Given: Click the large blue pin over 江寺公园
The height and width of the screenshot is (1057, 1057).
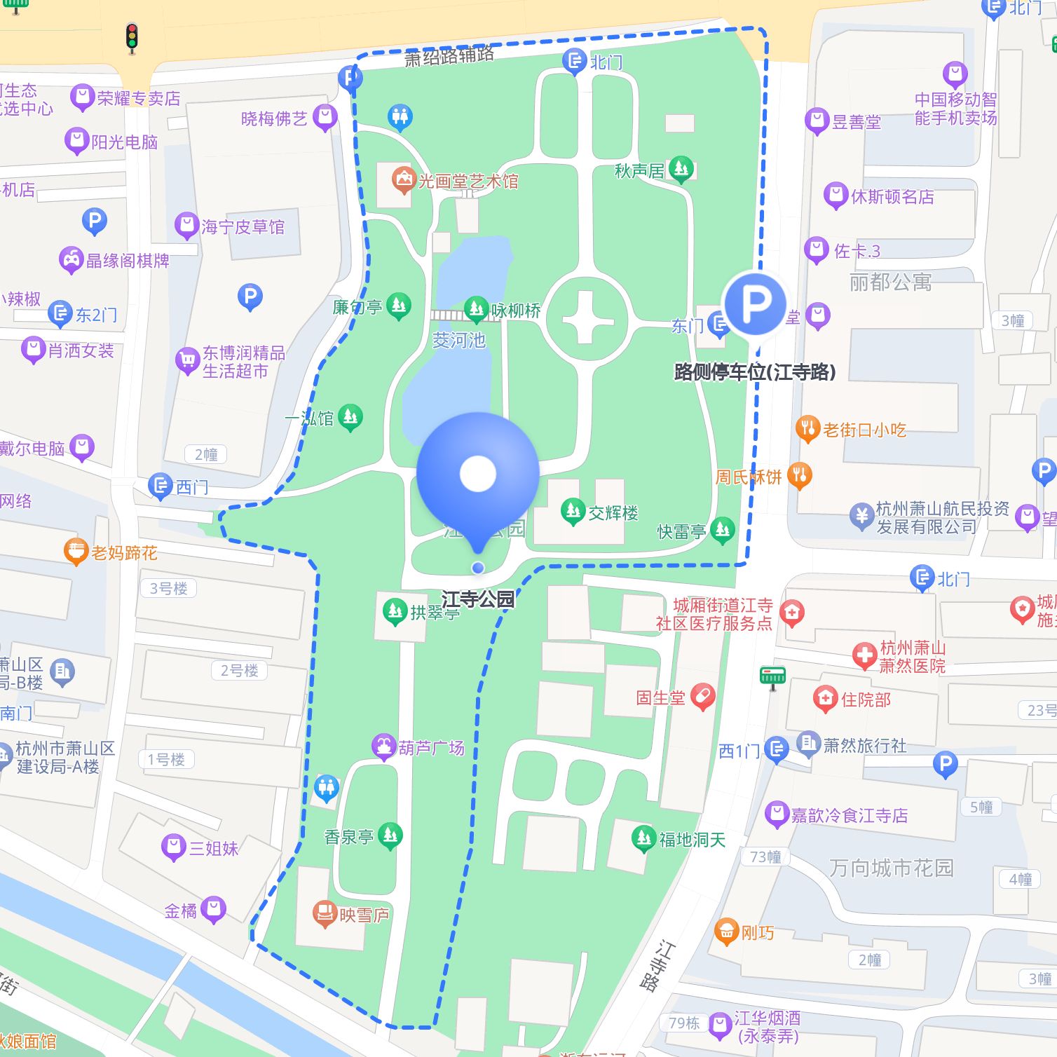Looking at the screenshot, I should click(478, 475).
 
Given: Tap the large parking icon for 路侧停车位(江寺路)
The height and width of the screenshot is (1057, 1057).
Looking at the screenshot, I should click(755, 304).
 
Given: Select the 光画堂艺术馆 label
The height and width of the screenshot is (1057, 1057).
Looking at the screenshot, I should click(468, 182).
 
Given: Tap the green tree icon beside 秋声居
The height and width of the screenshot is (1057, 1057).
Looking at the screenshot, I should click(681, 169).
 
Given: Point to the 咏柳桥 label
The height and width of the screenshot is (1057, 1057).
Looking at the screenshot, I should click(515, 311).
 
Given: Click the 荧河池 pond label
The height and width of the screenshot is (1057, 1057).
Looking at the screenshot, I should click(459, 341).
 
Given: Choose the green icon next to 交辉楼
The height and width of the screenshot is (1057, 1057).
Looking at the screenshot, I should click(573, 512).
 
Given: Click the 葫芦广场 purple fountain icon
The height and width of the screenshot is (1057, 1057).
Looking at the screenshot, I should click(383, 747).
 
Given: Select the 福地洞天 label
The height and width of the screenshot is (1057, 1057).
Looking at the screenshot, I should click(692, 840).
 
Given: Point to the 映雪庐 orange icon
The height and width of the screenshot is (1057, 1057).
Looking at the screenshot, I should click(325, 914).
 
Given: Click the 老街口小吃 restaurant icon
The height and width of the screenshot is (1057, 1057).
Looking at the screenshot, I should click(807, 429).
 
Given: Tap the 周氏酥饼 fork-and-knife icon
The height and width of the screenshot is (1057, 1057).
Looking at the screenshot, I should click(799, 476).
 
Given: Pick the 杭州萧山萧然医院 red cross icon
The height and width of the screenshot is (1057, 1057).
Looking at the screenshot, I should click(864, 656).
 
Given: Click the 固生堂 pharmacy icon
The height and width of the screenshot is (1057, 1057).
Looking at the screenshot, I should click(702, 697).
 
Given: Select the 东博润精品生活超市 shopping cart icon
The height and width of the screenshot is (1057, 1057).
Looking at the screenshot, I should click(187, 360).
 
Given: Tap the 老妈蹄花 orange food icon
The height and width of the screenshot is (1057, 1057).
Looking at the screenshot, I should click(75, 552).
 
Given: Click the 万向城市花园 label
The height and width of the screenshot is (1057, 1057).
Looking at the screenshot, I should click(891, 868).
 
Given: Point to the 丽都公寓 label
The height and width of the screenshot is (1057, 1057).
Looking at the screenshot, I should click(890, 282).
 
